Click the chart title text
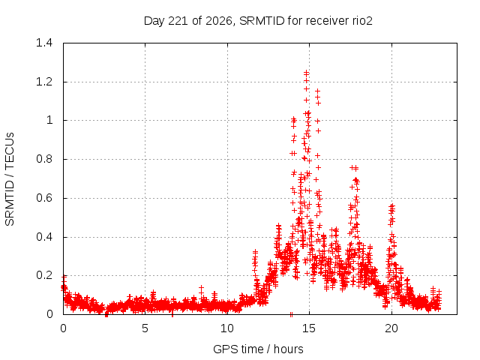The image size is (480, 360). point(258,21)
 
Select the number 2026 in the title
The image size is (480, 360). point(218,21)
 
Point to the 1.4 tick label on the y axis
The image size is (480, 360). point(44,43)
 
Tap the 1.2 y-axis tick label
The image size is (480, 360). point(44,82)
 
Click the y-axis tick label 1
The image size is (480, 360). point(49,120)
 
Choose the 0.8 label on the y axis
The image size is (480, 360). point(44,159)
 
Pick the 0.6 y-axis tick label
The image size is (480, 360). point(44,198)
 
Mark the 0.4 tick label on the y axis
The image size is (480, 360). point(44,237)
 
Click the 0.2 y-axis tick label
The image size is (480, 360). point(44,275)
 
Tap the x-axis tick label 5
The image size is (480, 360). point(145,328)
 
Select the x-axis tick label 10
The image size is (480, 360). point(226,328)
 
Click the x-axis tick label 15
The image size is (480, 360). point(309,328)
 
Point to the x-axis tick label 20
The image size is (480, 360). point(391,328)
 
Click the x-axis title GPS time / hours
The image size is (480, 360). point(258,349)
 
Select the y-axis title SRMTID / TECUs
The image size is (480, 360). point(10,179)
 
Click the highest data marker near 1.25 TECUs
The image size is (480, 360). point(306,73)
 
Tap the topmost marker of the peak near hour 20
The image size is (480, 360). point(391,206)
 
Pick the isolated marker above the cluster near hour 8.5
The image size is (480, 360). point(201,288)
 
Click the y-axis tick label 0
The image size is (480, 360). point(49,314)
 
